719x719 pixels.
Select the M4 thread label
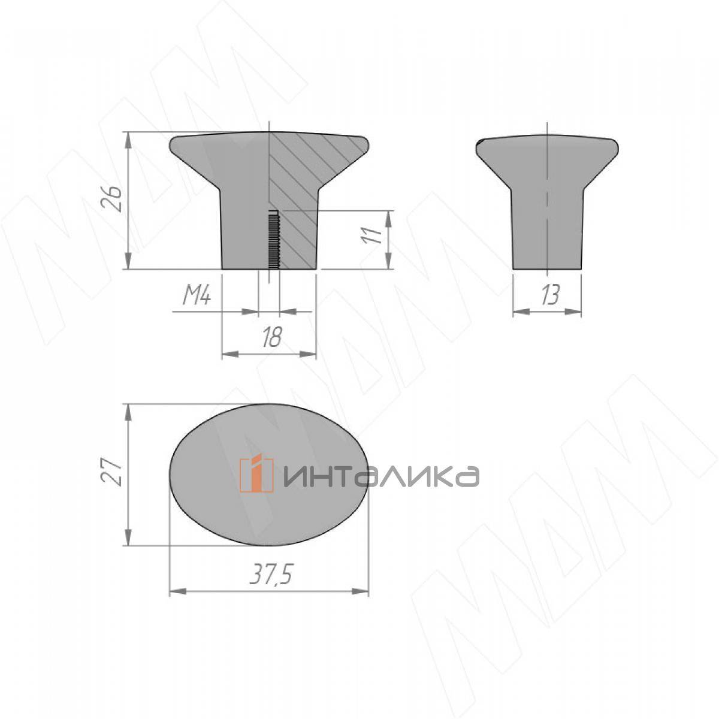pos(197,296)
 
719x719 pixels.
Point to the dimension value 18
pos(272,338)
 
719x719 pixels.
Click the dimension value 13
pos(550,296)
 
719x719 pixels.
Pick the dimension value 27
pos(112,471)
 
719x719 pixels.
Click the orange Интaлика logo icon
pos(256,475)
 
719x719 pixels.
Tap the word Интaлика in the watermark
pos(380,476)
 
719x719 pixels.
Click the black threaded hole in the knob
pos(273,239)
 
